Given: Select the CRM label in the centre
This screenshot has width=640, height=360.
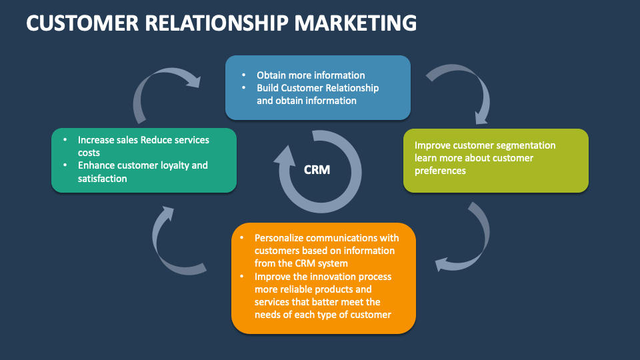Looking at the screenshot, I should point(317,170).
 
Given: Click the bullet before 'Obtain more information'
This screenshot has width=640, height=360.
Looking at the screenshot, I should point(244,75).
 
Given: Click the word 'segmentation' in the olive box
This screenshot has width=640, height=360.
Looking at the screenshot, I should point(526,145).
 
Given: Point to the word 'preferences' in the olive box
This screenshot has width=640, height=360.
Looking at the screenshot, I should point(440,171).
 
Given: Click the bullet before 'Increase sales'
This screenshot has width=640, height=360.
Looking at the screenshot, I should point(65,140).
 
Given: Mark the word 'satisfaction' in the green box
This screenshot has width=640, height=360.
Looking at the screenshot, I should point(102,179).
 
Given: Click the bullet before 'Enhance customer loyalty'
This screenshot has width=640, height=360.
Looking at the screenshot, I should point(65,165).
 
